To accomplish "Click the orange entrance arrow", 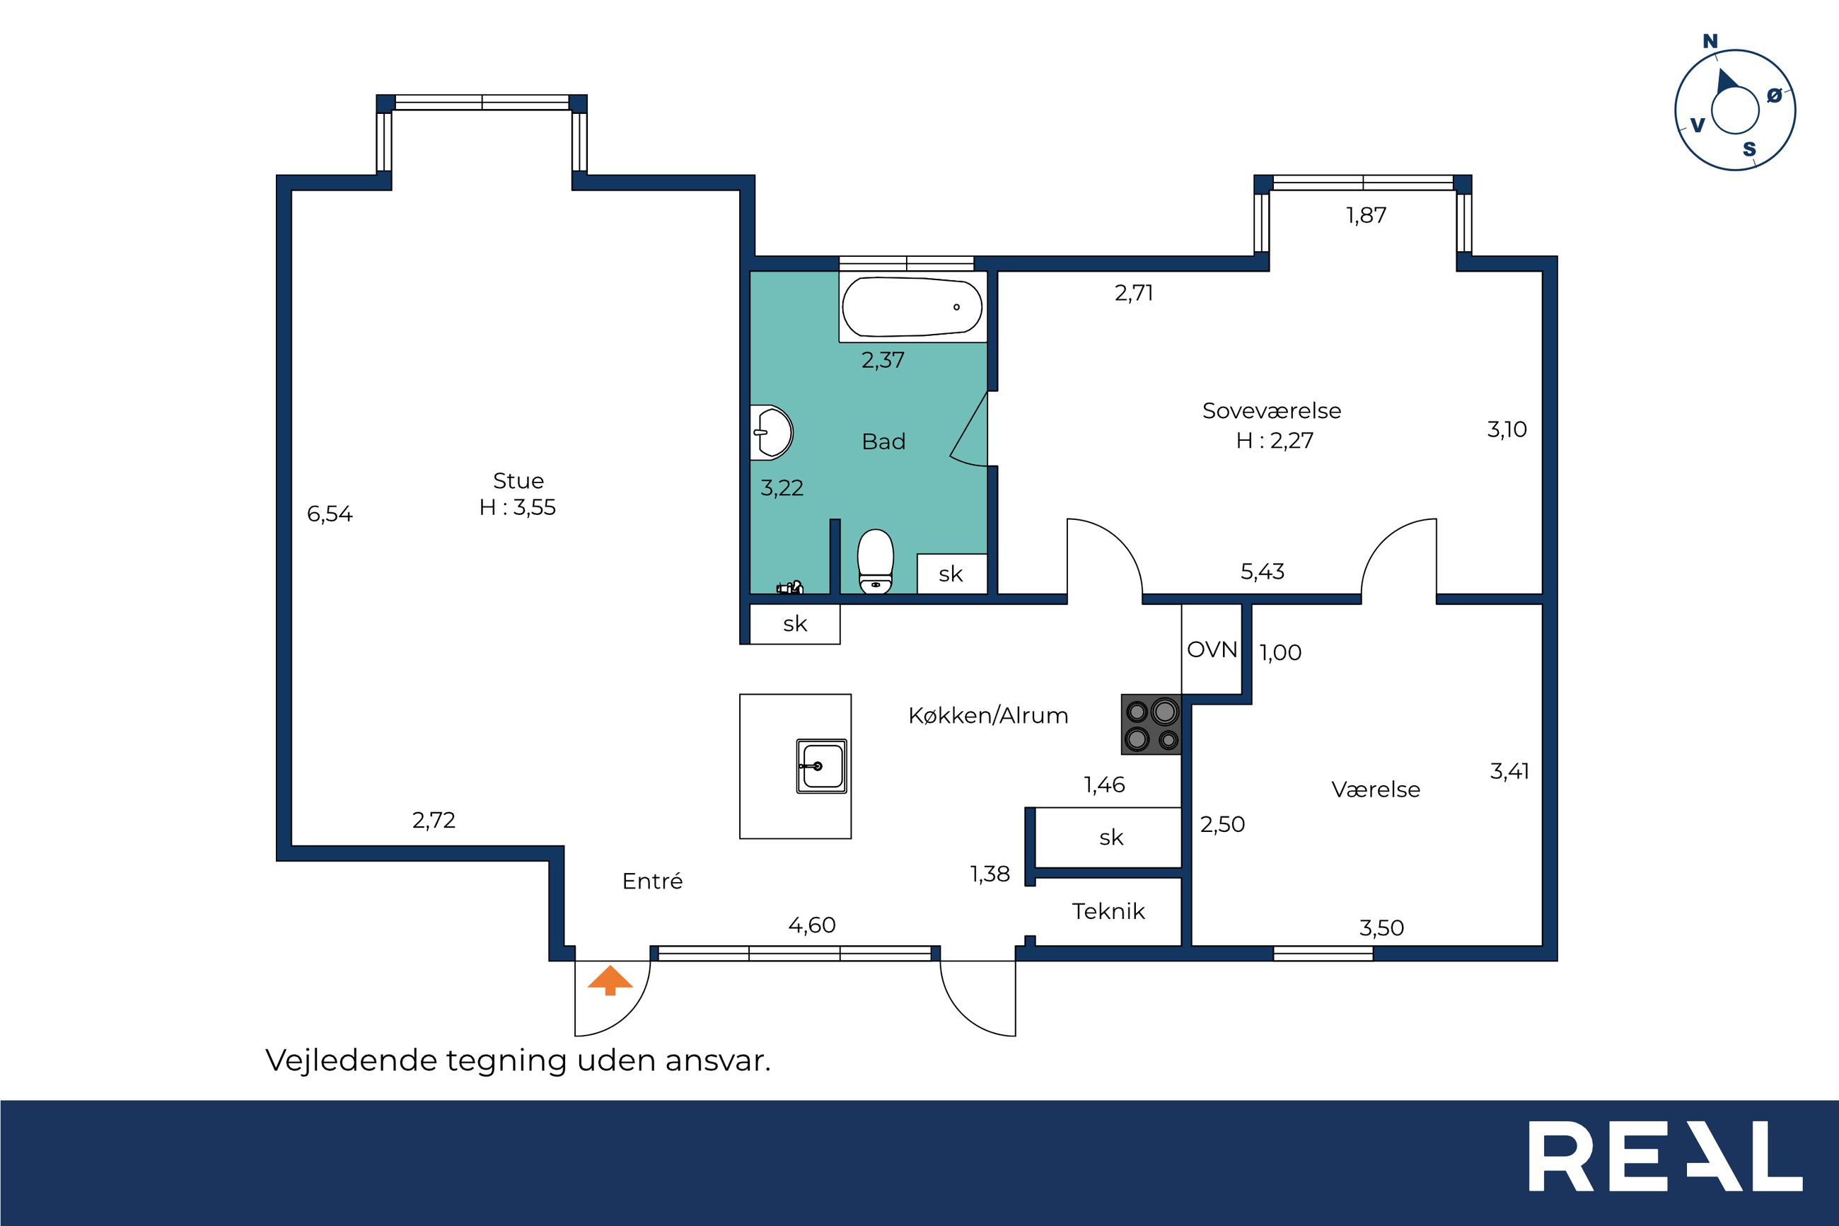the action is coord(610,981).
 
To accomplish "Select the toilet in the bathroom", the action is coord(876,562).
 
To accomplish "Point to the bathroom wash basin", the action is coord(772,432).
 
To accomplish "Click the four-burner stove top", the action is coord(1151,724).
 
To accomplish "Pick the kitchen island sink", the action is coord(820,765).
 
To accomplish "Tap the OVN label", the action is coord(1212,649).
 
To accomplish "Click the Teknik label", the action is coord(1108,911).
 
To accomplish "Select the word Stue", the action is coord(518,480).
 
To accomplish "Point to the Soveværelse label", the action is coord(1272,410).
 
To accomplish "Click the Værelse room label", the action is coord(1376,789).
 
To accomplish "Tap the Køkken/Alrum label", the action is coord(988,715).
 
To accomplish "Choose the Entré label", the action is coord(653,881).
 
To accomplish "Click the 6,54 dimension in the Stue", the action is coord(330,514).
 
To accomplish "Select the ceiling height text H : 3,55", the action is coord(517,507).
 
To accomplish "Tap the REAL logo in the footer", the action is coord(1666,1167).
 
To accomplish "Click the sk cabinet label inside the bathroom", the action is coord(951,574).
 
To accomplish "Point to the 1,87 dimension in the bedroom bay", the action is coord(1366,215).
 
